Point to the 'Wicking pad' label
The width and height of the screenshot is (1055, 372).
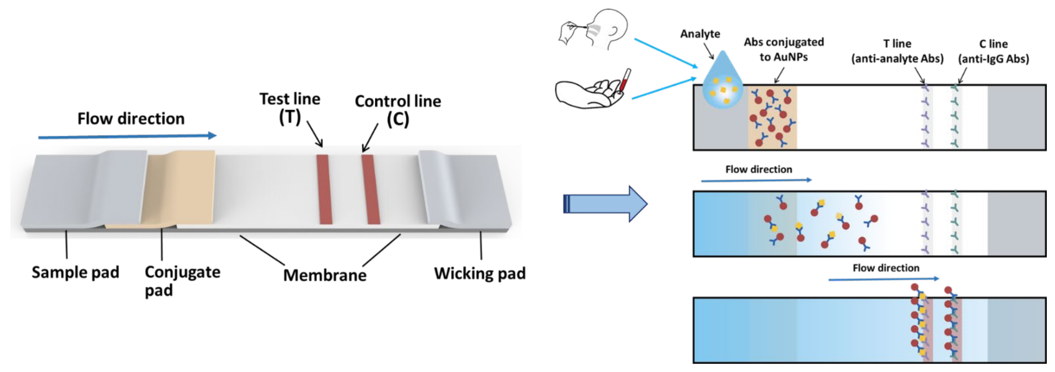coord(480,273)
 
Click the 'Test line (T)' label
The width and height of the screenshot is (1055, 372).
coord(290,108)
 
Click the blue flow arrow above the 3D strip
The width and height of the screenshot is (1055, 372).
coord(127,136)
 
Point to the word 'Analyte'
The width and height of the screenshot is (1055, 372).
coord(700,34)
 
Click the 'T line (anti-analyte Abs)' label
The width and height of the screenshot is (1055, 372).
coord(897,51)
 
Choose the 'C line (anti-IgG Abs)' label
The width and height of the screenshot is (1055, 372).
coord(993,51)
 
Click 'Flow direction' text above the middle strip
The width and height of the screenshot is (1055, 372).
coord(759,169)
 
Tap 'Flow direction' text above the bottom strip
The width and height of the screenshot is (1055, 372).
coord(886,268)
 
